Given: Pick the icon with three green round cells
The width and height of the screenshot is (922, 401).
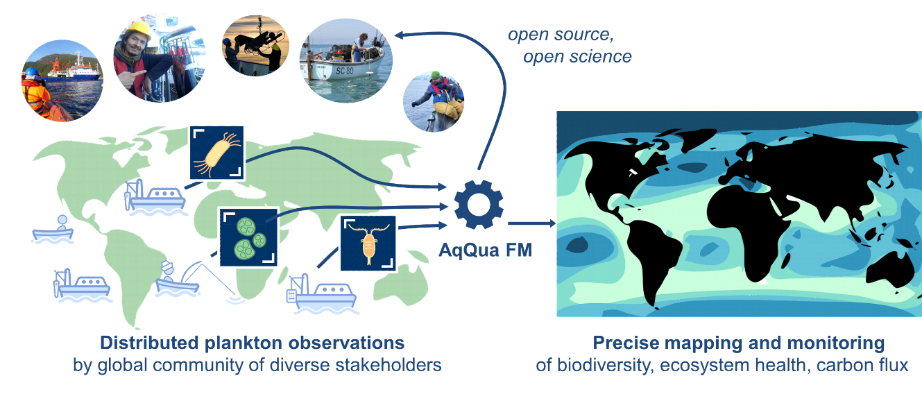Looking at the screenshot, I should (248, 236).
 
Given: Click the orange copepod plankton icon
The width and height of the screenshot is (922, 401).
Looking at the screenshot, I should (368, 243).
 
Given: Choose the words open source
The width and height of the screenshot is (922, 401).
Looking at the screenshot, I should (561, 35).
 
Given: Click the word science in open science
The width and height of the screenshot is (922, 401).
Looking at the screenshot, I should (602, 57).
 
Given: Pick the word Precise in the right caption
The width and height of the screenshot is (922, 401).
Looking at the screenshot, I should (620, 343).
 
